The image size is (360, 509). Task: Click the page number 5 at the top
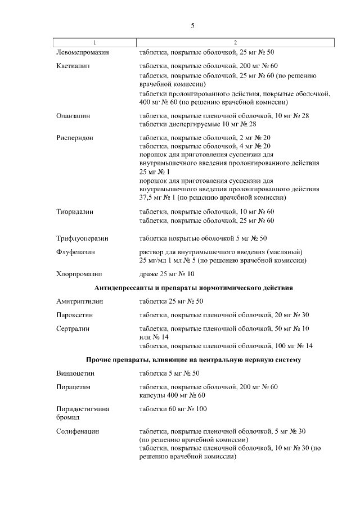pos(192,25)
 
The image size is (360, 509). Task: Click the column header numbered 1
pos(94,43)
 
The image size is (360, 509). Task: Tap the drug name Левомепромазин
pos(83,52)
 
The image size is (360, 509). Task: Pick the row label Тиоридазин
pos(75,212)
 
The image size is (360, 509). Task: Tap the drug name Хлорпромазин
pos(79,274)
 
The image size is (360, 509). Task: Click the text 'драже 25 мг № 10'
pos(166,274)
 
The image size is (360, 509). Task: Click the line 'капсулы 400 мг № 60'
pos(172,395)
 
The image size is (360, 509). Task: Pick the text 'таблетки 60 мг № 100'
pos(173,409)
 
